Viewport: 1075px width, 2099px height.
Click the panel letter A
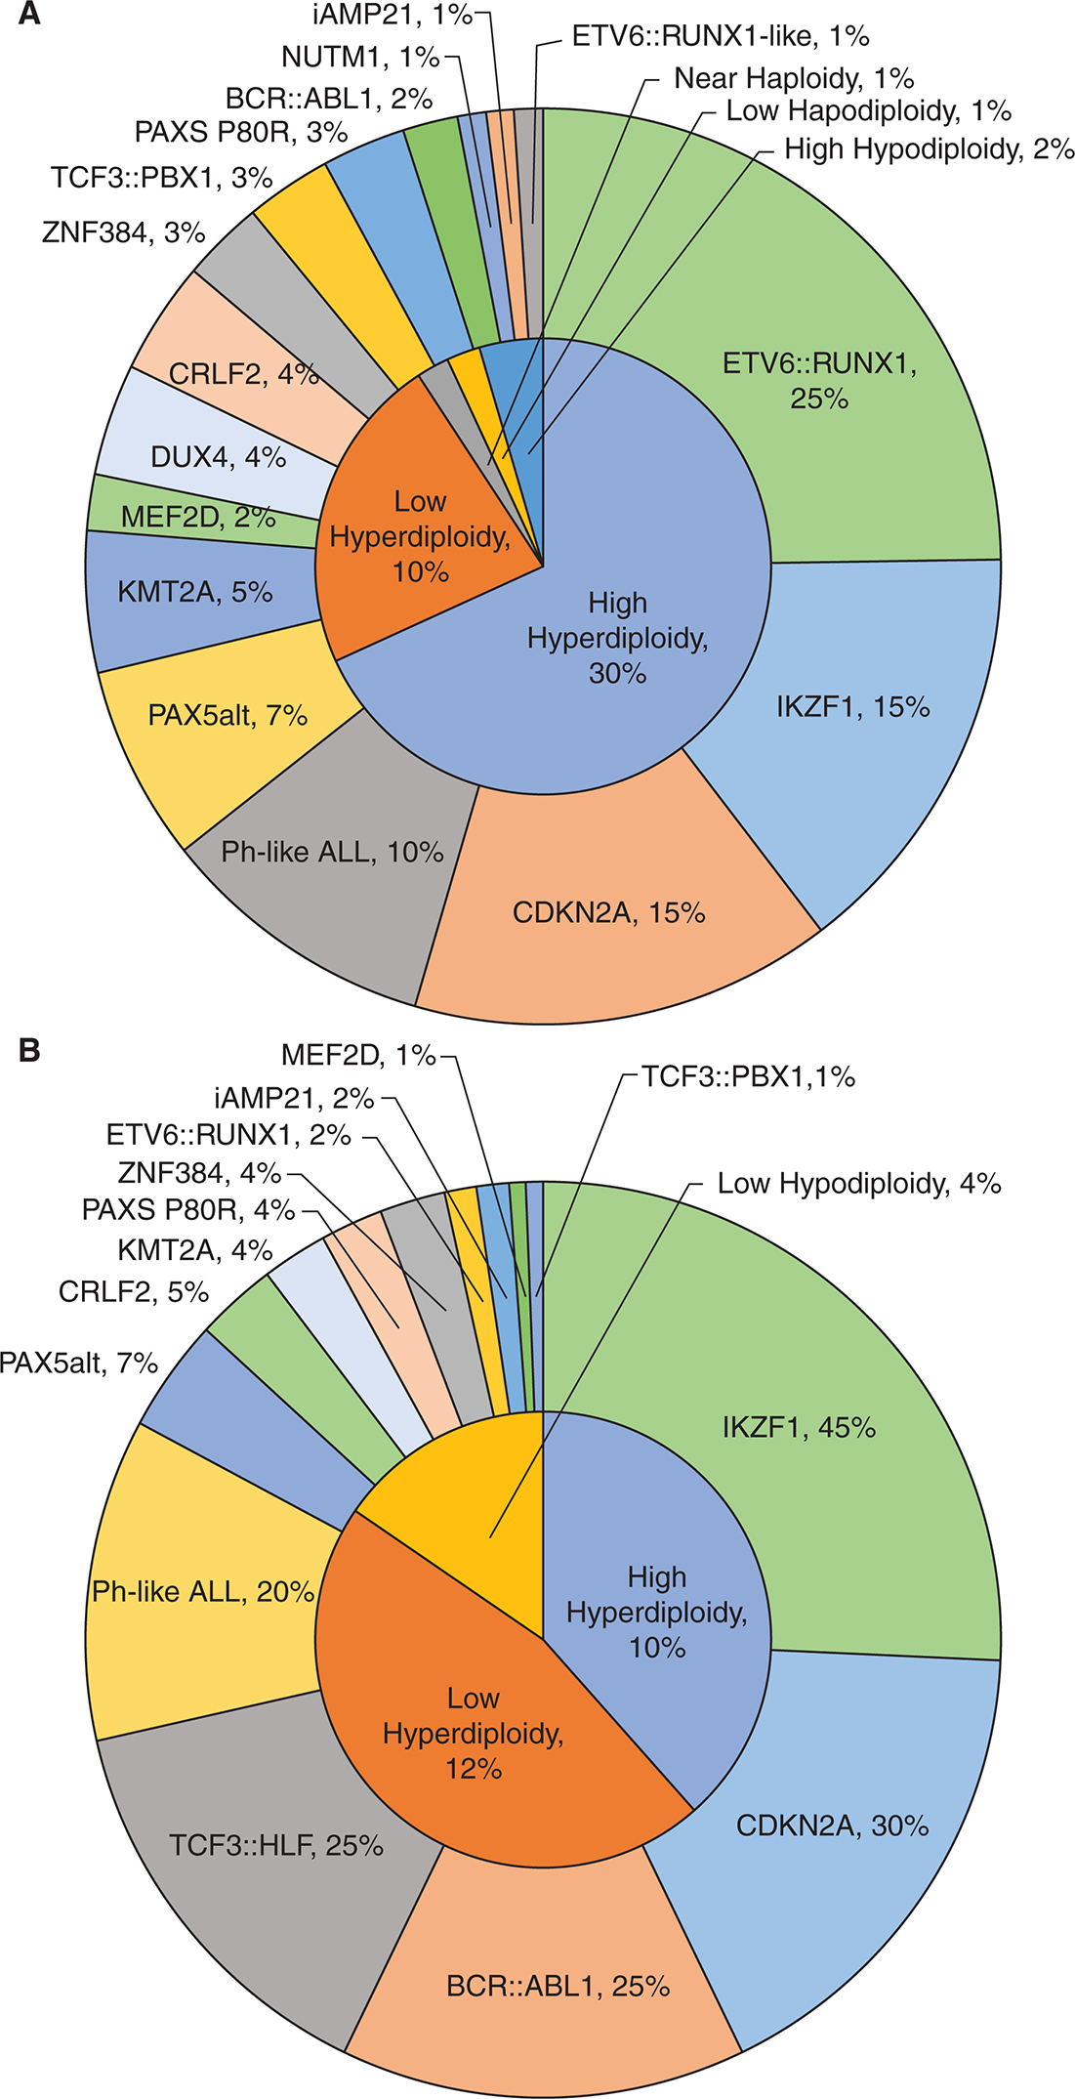point(29,15)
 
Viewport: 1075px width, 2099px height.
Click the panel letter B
point(29,1050)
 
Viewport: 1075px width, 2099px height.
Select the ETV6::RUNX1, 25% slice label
point(819,381)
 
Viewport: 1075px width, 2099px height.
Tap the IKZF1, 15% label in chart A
point(852,707)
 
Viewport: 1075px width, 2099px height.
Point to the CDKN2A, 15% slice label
point(608,913)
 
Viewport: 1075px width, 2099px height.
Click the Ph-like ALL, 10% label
point(332,853)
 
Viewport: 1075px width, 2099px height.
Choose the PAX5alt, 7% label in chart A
point(227,716)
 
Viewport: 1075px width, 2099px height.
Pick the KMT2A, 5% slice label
point(194,592)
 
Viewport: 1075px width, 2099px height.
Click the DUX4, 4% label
point(218,457)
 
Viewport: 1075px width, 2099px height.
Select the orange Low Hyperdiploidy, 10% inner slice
point(420,536)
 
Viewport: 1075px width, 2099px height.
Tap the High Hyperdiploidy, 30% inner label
point(617,638)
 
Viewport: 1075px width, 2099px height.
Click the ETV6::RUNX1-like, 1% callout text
point(721,36)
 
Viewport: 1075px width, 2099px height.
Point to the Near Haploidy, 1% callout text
point(794,78)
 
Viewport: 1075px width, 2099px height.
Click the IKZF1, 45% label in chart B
point(799,1428)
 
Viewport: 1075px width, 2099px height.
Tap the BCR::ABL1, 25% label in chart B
point(558,1987)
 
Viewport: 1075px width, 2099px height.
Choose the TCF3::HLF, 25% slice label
point(275,1846)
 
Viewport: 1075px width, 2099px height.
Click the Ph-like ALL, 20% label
point(203,1592)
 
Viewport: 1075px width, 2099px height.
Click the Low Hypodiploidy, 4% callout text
point(859,1184)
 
